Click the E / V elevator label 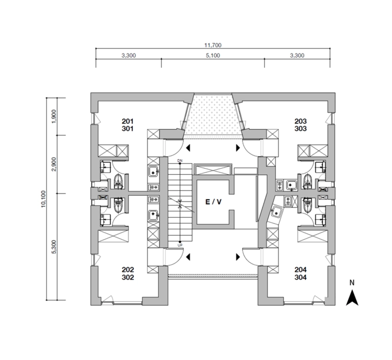pyautogui.click(x=213, y=202)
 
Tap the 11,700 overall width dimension pyautogui.click(x=213, y=46)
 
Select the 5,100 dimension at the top pyautogui.click(x=213, y=55)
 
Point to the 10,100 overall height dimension pyautogui.click(x=43, y=199)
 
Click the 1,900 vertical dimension pyautogui.click(x=54, y=116)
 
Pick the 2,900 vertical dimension pyautogui.click(x=54, y=164)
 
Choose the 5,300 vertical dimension pyautogui.click(x=54, y=247)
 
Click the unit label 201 pyautogui.click(x=128, y=121)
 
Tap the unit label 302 pyautogui.click(x=128, y=277)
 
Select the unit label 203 pyautogui.click(x=300, y=121)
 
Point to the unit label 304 pyautogui.click(x=300, y=277)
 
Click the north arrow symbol pyautogui.click(x=352, y=298)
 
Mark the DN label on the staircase pyautogui.click(x=180, y=160)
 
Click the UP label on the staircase pyautogui.click(x=180, y=245)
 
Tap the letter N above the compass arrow pyautogui.click(x=352, y=283)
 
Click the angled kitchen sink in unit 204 pyautogui.click(x=275, y=212)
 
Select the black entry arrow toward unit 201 pyautogui.click(x=188, y=148)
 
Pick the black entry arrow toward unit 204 pyautogui.click(x=238, y=257)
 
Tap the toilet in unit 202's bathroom pyautogui.click(x=118, y=205)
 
